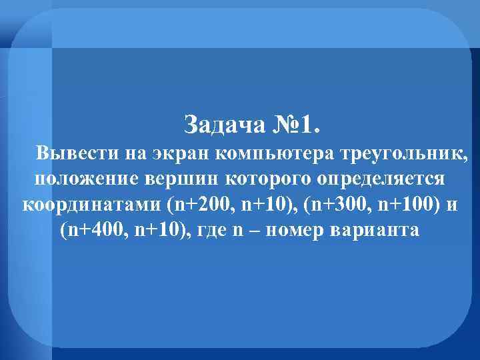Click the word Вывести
(x=77, y=154)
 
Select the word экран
(x=181, y=154)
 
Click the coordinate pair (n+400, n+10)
(x=121, y=230)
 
